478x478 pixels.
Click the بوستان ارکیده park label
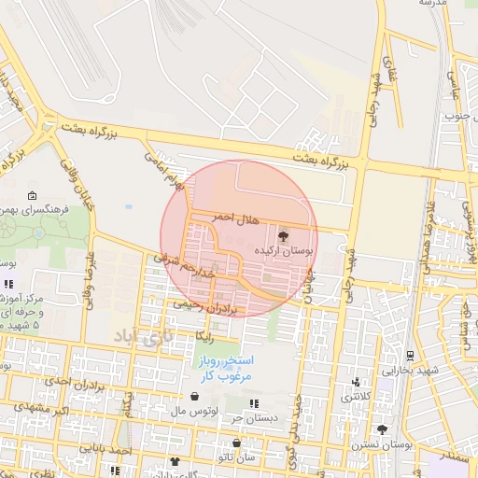pos(286,251)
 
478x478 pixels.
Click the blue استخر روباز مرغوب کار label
pos(232,367)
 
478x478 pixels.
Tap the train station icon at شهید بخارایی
pos(410,356)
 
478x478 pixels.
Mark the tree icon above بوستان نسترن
pos(382,429)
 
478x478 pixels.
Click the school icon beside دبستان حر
pos(253,403)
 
